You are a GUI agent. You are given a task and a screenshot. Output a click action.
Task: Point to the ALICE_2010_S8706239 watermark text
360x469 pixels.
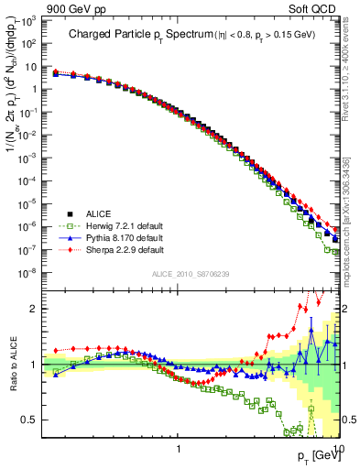[191, 275]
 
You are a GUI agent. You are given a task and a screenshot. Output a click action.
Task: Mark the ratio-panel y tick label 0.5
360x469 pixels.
[36, 420]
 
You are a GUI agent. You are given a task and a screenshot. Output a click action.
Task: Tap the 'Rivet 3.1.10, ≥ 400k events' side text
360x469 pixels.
[351, 82]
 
